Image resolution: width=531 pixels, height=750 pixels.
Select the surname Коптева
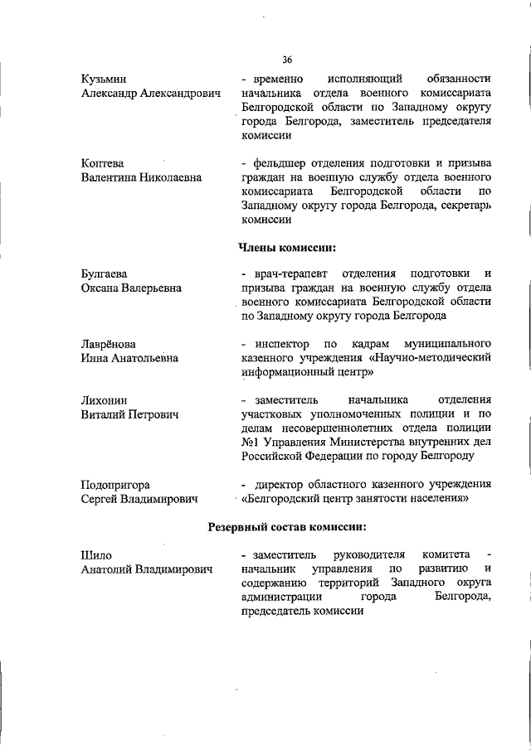tap(103, 162)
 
